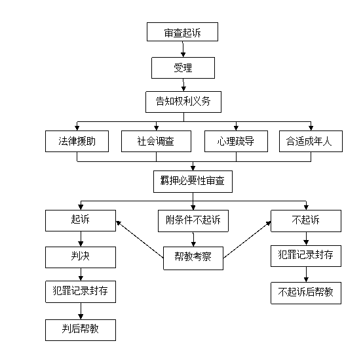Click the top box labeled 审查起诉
pyautogui.click(x=182, y=32)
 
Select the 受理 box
pyautogui.click(x=183, y=68)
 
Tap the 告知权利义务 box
pyautogui.click(x=183, y=102)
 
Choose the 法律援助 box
pyautogui.click(x=77, y=142)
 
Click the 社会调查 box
pyautogui.click(x=156, y=142)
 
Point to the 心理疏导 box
pyautogui.click(x=236, y=142)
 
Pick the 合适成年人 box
pyautogui.click(x=311, y=142)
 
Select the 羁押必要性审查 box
pyautogui.click(x=193, y=182)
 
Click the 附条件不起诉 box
pyautogui.click(x=193, y=221)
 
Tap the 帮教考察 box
pyautogui.click(x=193, y=258)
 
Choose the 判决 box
pyautogui.click(x=81, y=257)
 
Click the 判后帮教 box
pyautogui.click(x=81, y=330)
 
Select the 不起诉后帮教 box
pyautogui.click(x=306, y=293)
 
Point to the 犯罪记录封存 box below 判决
pyautogui.click(x=81, y=292)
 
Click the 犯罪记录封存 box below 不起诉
pyautogui.click(x=306, y=256)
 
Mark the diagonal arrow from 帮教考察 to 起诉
pyautogui.click(x=140, y=239)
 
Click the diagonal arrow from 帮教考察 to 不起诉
pyautogui.click(x=247, y=239)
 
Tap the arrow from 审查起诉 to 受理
pyautogui.click(x=183, y=49)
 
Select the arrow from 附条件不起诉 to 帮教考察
pyautogui.click(x=193, y=239)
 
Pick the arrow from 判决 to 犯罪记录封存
pyautogui.click(x=81, y=275)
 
